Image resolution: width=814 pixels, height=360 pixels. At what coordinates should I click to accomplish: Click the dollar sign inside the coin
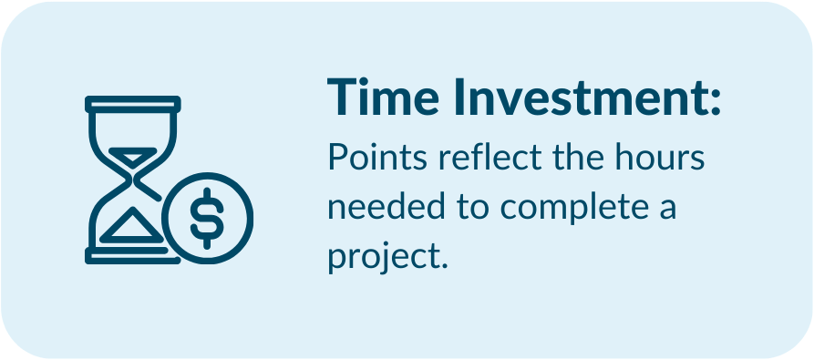207,218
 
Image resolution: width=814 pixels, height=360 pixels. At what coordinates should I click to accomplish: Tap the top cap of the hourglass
133,104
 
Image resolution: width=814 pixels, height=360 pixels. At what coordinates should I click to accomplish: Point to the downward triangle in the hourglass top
133,157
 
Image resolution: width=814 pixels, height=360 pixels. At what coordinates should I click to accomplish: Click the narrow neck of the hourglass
133,181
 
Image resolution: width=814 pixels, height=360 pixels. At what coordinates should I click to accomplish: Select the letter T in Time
343,97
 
